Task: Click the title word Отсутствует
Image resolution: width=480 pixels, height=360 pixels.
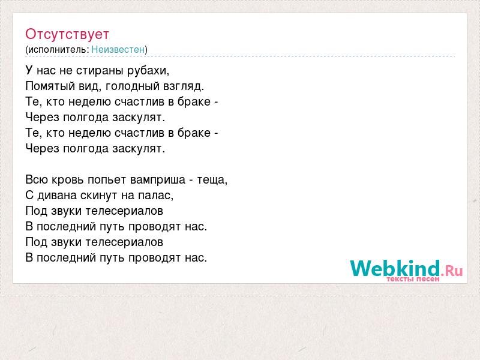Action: pos(67,34)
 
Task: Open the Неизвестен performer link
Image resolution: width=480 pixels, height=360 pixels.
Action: pos(118,49)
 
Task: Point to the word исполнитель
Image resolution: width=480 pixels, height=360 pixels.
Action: pos(58,50)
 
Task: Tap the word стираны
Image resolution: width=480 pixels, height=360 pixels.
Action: pos(100,71)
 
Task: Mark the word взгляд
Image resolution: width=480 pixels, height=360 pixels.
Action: pos(184,86)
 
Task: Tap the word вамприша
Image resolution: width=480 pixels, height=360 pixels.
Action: pos(158,180)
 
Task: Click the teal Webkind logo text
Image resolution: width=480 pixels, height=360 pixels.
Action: pos(395,268)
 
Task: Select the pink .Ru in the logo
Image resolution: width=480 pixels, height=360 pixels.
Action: pos(452,271)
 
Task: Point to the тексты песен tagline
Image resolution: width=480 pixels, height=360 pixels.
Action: pos(413,279)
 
